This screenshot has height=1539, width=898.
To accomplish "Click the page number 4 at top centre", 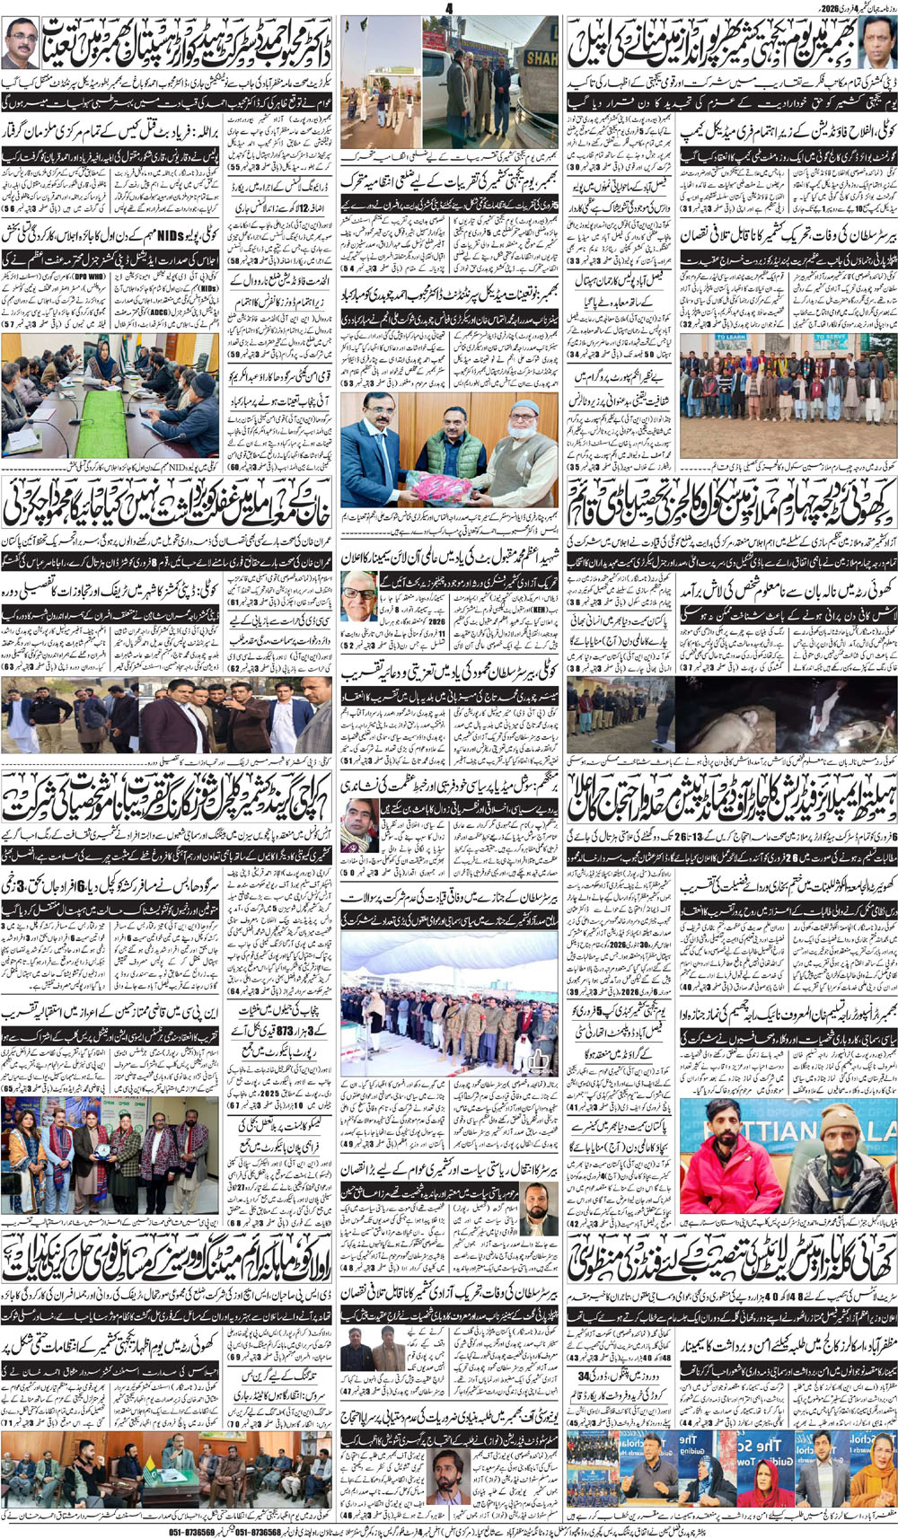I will (449, 8).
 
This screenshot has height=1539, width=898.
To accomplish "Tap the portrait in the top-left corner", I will (20, 42).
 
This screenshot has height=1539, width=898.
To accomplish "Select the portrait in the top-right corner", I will (878, 43).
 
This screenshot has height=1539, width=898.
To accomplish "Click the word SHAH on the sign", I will (541, 58).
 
